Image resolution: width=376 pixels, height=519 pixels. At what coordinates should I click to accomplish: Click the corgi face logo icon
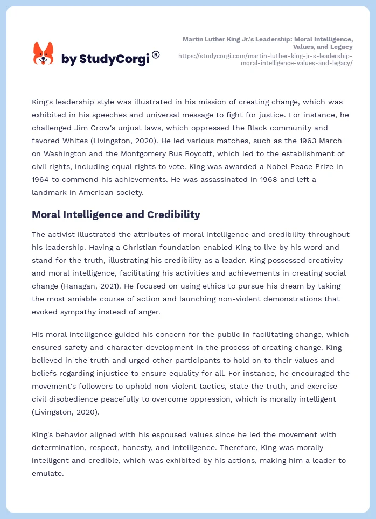(x=44, y=54)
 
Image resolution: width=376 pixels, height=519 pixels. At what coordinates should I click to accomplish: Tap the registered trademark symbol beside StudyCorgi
(x=156, y=54)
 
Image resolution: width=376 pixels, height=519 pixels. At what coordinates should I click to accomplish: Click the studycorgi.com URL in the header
(x=265, y=59)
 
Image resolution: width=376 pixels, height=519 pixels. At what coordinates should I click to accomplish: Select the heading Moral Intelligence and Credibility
(x=116, y=215)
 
